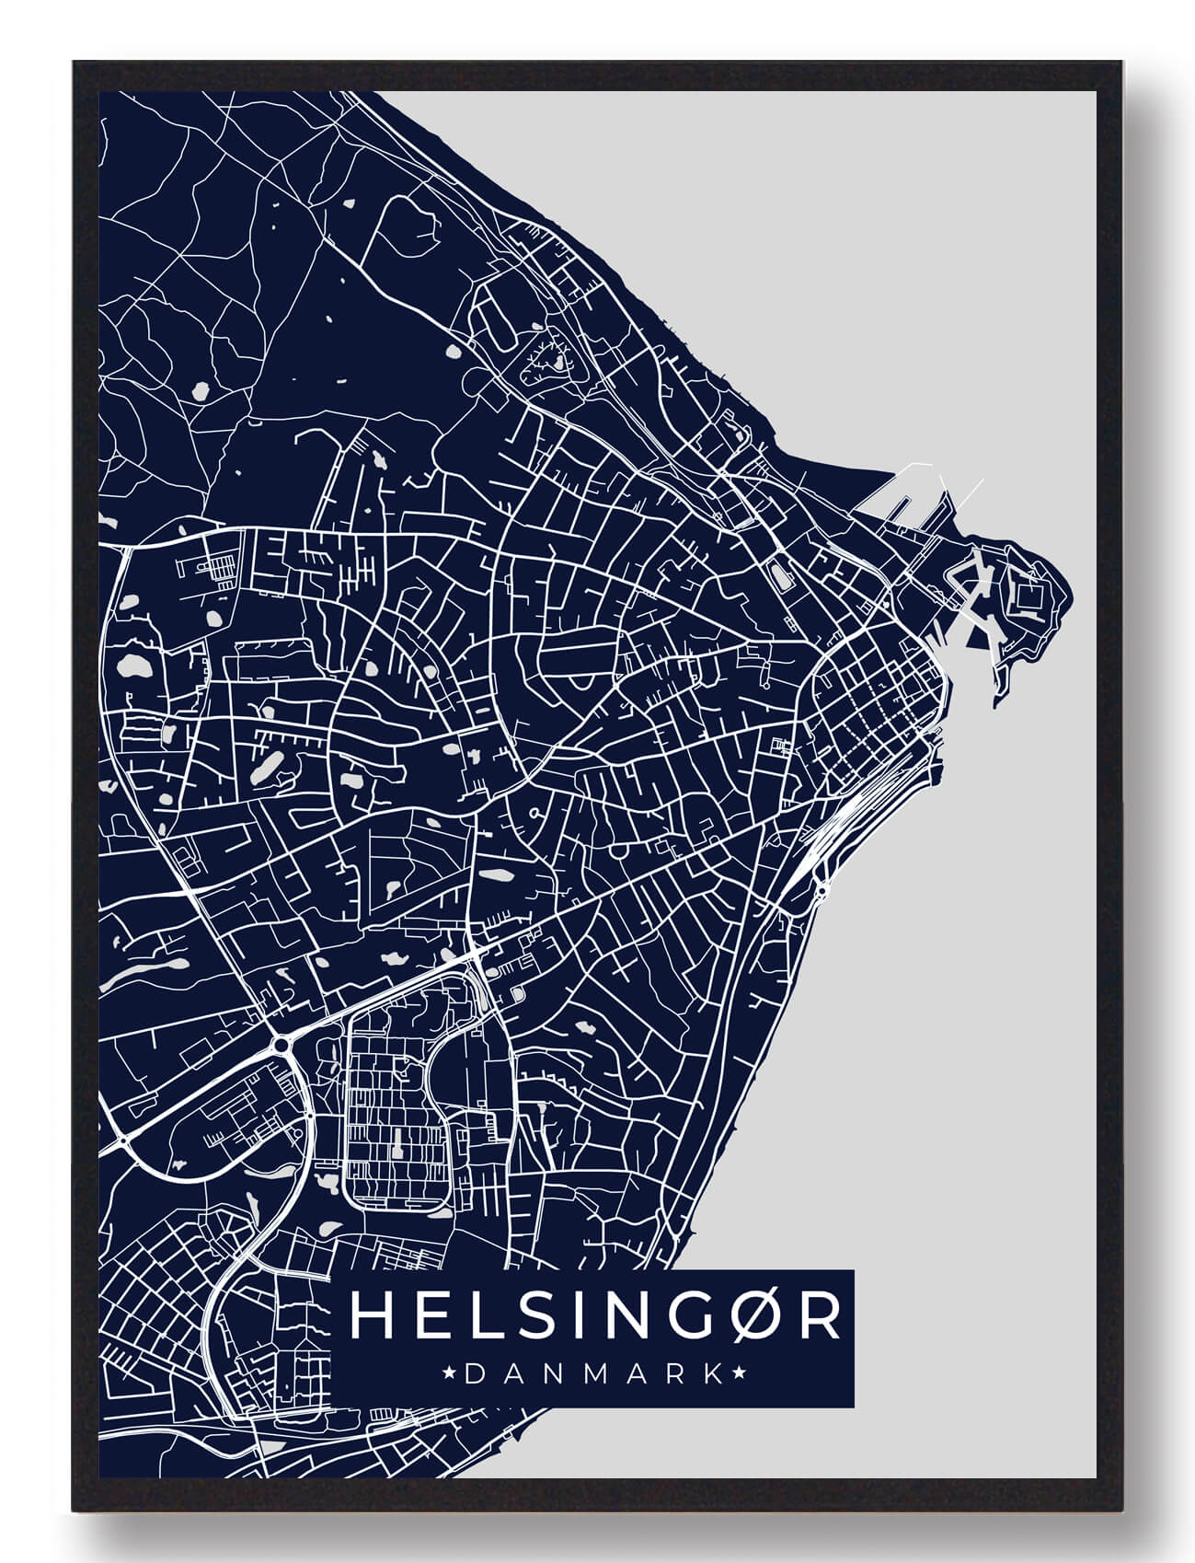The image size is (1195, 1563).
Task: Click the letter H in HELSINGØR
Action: [369, 1317]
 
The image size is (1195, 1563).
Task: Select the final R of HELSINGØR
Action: [819, 1317]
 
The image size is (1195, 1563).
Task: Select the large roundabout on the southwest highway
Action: [280, 1044]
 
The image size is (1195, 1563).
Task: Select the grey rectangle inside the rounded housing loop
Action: [397, 1152]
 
